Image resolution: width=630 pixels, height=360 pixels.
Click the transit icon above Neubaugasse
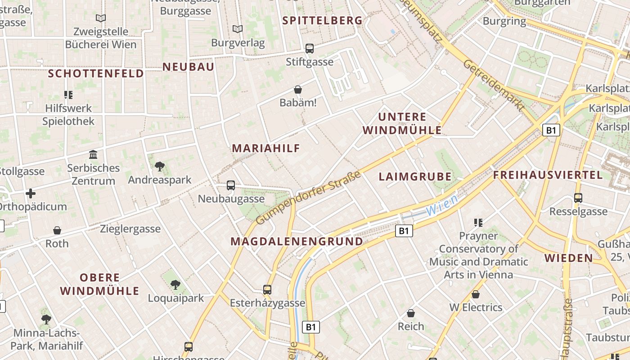click(231, 185)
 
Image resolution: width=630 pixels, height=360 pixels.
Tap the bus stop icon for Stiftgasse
click(310, 48)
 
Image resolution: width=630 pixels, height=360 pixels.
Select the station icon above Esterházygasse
click(267, 289)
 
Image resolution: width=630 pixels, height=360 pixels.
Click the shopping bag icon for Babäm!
click(297, 90)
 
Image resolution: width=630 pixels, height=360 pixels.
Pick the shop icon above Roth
click(57, 230)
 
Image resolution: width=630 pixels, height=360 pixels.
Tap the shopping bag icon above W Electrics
click(476, 294)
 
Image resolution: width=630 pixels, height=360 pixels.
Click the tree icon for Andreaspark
click(159, 166)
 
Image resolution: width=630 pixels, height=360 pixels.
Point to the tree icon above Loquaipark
click(175, 284)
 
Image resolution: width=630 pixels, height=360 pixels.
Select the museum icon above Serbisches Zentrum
click(93, 155)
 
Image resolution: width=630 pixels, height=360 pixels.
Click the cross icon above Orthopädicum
click(31, 193)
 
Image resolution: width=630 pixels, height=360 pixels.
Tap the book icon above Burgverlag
click(238, 29)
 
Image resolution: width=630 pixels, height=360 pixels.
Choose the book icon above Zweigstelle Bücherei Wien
click(101, 18)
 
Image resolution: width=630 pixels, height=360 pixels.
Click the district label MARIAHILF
click(265, 148)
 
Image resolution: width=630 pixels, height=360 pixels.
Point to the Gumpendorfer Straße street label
click(309, 198)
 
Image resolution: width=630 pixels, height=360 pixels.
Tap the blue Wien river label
click(441, 205)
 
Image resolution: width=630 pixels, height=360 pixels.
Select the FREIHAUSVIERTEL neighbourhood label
click(548, 175)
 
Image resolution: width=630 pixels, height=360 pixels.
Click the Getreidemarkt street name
click(494, 85)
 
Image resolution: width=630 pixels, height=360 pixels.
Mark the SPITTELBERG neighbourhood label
click(322, 20)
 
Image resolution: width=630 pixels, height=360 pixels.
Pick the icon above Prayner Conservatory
click(478, 222)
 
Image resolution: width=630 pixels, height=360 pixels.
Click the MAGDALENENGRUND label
click(297, 241)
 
